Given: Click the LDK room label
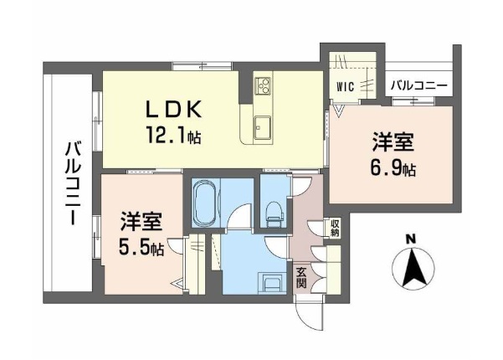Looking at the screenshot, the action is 174,110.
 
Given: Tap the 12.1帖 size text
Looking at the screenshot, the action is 173,135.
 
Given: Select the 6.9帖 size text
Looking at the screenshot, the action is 393,168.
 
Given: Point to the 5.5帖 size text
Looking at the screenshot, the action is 141,247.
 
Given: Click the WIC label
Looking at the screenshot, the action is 345,86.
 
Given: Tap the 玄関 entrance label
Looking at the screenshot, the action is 301,278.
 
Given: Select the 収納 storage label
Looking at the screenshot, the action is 336,228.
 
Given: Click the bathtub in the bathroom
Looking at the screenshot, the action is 205,203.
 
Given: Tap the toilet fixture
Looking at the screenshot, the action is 275,214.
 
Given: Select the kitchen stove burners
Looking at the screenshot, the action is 263,85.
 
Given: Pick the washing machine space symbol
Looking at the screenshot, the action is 272,283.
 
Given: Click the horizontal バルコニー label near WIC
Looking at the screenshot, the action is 419,85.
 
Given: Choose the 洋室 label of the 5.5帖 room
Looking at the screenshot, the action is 141,221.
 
